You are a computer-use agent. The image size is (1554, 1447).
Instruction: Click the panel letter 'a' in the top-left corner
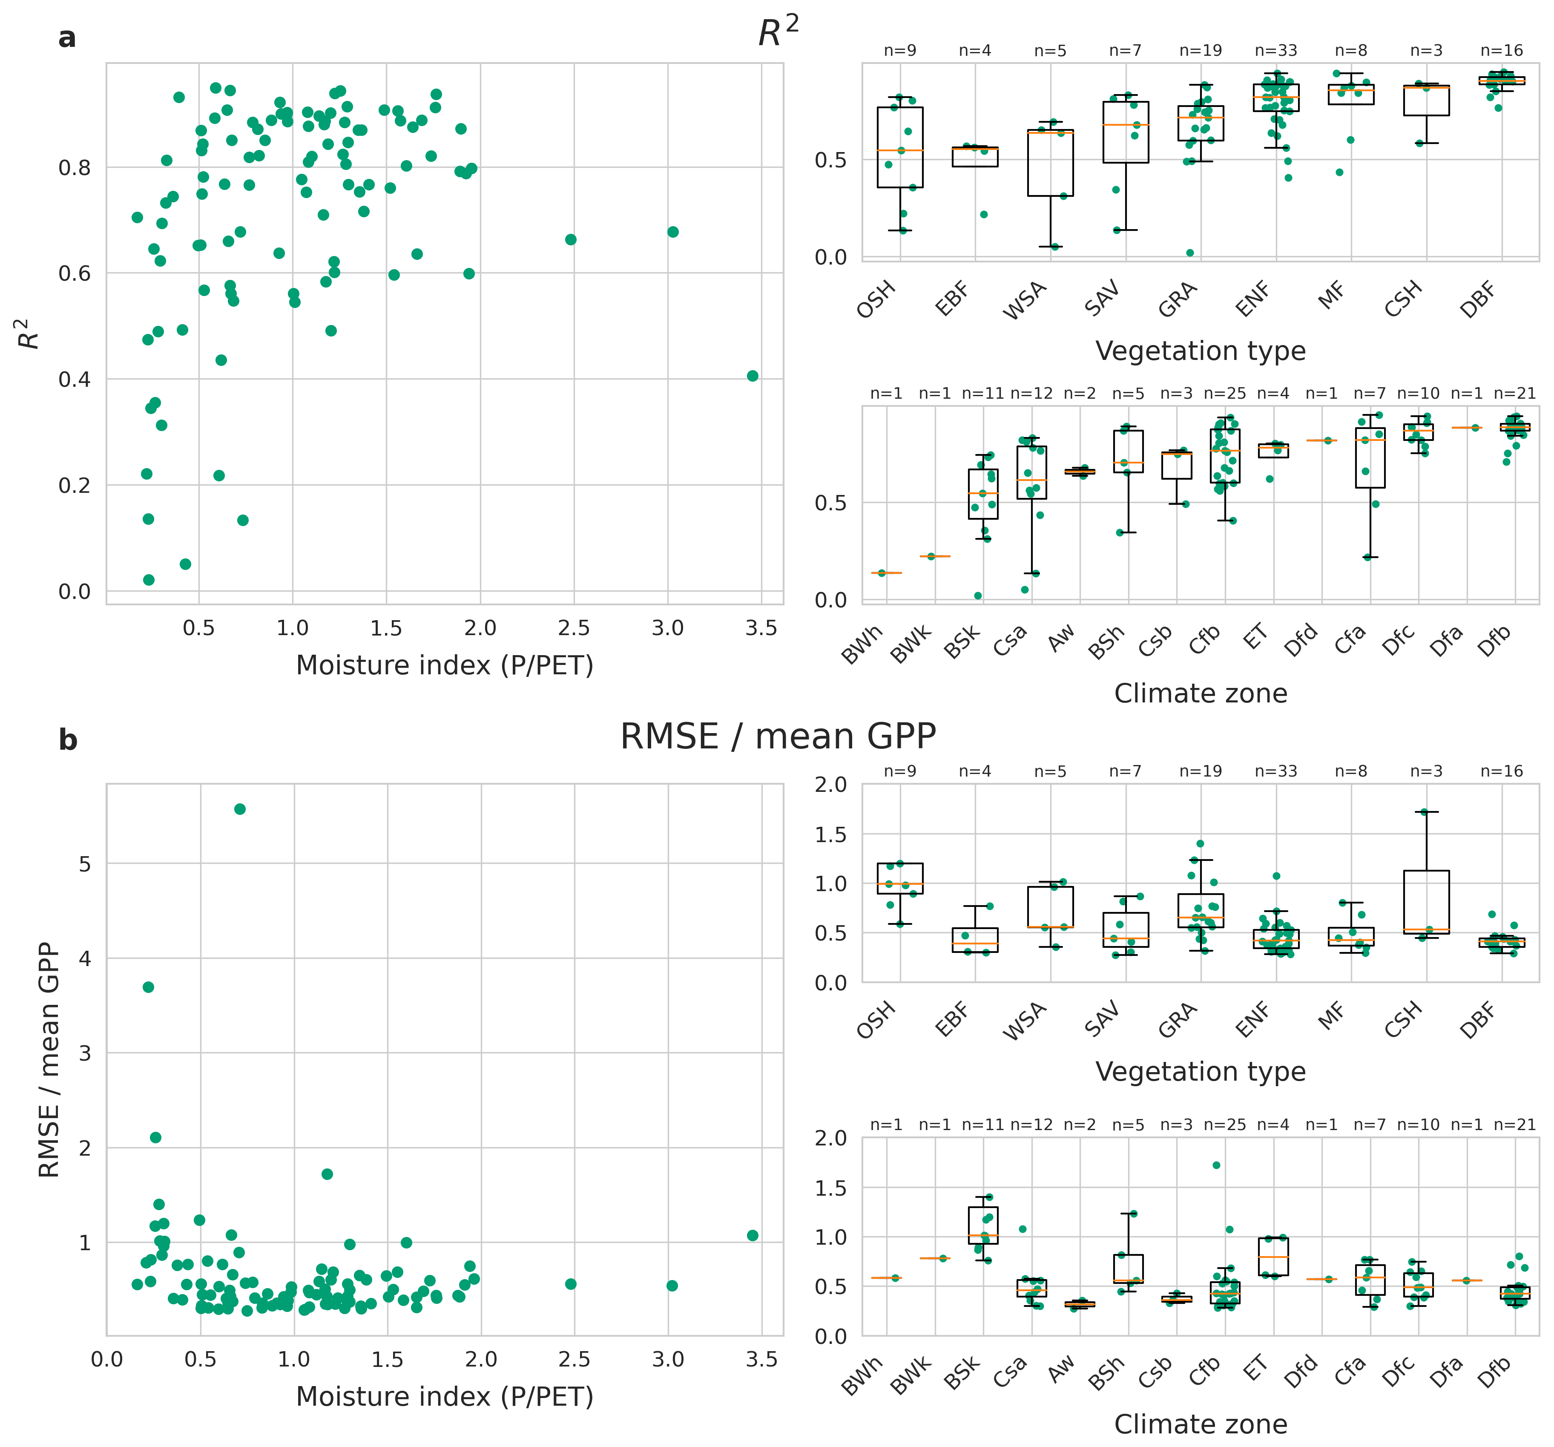point(67,37)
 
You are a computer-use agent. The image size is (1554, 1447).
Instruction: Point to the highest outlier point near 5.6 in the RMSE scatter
point(240,809)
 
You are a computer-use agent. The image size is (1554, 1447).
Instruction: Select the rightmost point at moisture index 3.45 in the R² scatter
point(753,376)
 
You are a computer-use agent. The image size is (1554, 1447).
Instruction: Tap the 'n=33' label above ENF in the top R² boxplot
point(1276,51)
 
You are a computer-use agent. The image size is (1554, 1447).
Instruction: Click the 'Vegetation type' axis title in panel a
point(1201,351)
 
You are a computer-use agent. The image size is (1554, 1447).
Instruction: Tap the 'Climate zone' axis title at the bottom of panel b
point(1201,1424)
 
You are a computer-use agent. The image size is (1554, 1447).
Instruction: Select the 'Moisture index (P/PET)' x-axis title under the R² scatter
point(445,665)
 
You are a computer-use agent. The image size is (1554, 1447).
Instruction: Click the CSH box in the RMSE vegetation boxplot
point(1427,902)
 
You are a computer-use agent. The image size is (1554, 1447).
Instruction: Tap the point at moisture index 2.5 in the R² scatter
point(571,239)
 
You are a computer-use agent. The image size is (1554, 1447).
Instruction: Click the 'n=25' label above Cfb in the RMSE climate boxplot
point(1225,1125)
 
